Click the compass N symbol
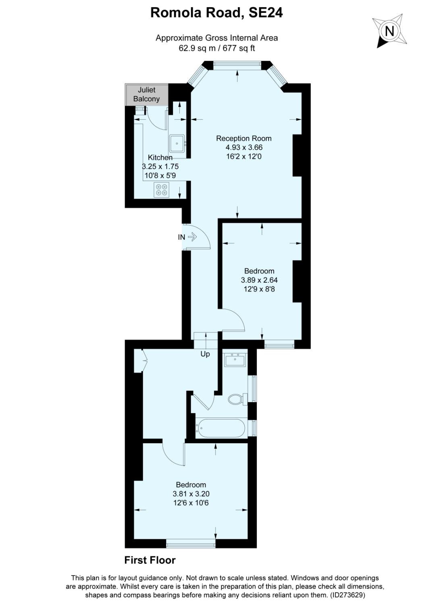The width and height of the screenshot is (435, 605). coord(389,31)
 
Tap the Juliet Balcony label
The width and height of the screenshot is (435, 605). coord(146,94)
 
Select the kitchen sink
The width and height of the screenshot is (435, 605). coord(177,143)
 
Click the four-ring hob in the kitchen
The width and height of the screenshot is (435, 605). coord(161,190)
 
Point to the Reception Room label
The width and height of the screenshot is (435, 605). coord(244,138)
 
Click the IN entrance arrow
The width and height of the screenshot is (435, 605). coord(192,237)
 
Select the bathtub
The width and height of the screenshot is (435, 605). coord(220,428)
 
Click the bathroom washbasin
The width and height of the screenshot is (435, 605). coord(235,359)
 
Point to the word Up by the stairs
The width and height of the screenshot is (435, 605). coord(205,354)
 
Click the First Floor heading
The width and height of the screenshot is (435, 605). coord(150,560)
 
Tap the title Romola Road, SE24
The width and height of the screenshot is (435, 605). coord(216,13)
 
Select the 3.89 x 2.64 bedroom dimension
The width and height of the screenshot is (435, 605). coord(259,280)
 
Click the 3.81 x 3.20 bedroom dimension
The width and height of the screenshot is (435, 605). coord(191,494)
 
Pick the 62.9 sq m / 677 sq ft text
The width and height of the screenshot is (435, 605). coord(217,48)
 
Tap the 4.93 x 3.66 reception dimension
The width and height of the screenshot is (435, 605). coord(244,148)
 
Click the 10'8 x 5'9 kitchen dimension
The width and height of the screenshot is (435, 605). coord(160,175)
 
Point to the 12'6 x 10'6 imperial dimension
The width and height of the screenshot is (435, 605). coord(191,503)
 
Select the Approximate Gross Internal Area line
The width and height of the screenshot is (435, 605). coord(216,38)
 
